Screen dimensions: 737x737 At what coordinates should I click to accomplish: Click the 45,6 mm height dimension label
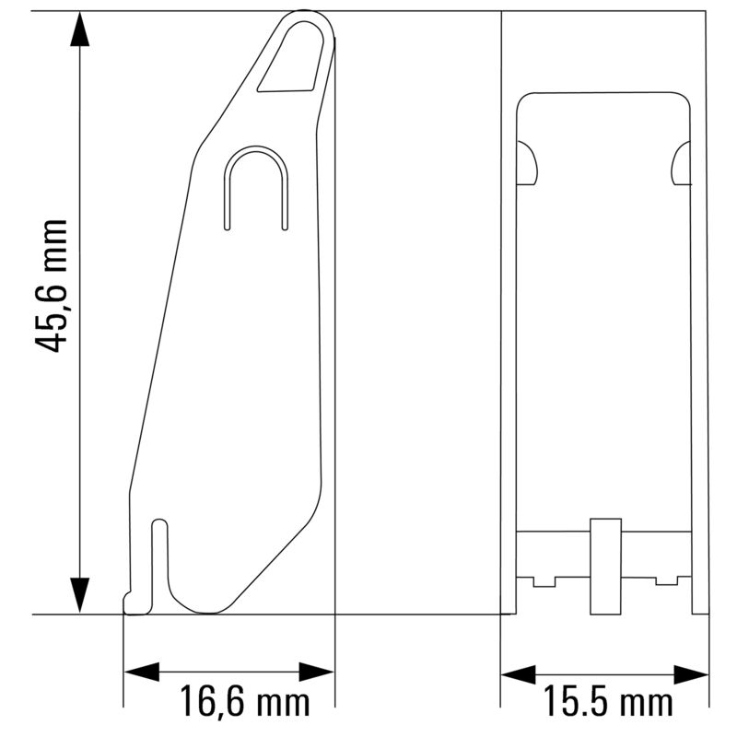[52, 286]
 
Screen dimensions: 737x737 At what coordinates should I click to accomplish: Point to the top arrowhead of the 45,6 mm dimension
[81, 32]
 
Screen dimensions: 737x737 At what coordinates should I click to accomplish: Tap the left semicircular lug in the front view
[527, 163]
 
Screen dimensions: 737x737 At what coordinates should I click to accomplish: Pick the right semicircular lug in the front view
[682, 163]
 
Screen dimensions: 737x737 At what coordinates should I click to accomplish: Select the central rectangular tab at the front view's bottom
[604, 566]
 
